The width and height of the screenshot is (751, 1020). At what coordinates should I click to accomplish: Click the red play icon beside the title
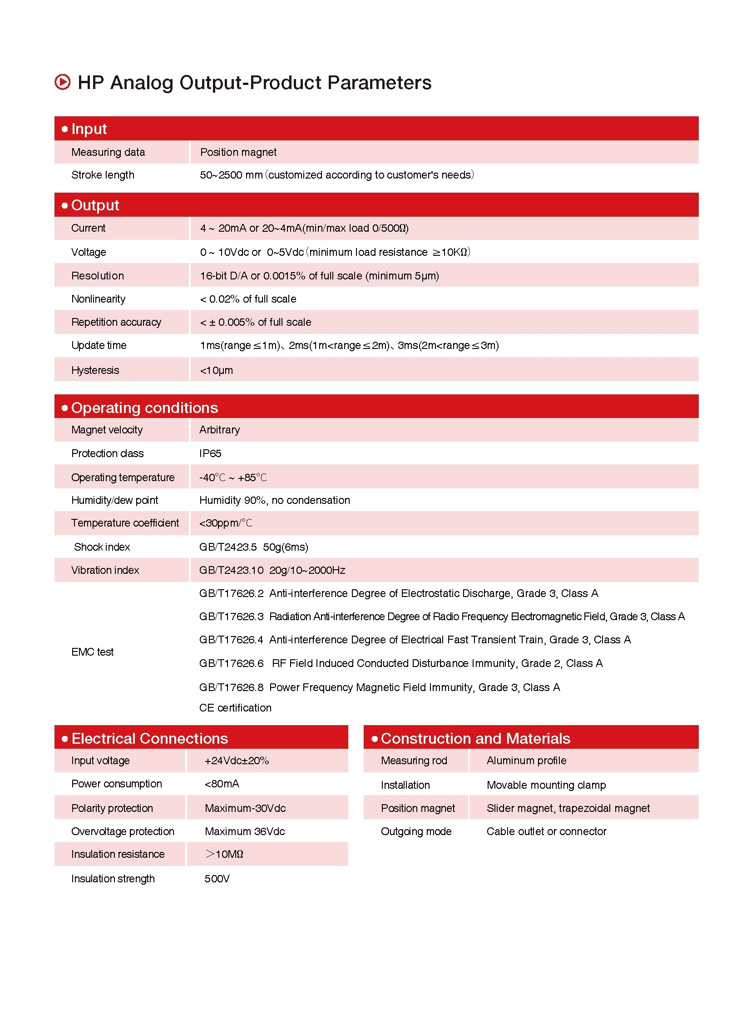tap(62, 82)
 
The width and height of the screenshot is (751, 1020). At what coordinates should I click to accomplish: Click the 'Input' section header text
tap(89, 129)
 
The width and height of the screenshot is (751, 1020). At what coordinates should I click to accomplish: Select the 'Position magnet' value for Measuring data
tap(238, 152)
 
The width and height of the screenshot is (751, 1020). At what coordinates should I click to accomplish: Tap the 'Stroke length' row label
tap(103, 175)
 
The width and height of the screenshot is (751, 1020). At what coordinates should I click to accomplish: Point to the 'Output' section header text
tap(95, 205)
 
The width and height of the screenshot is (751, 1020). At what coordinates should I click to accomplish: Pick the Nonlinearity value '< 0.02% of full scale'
tap(248, 299)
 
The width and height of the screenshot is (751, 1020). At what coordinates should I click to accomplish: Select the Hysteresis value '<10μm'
tap(217, 370)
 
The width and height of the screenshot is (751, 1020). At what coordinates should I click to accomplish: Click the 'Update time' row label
tap(99, 345)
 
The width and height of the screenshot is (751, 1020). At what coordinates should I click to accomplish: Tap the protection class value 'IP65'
tap(210, 453)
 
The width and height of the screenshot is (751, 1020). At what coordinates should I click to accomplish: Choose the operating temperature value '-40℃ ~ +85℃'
tap(233, 478)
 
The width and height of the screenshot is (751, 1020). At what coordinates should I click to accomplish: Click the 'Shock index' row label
tap(102, 547)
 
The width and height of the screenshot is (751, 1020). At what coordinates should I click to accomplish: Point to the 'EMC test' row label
tap(92, 652)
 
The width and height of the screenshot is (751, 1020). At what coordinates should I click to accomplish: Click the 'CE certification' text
tap(235, 708)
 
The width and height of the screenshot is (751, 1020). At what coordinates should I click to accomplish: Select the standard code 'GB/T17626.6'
tap(231, 663)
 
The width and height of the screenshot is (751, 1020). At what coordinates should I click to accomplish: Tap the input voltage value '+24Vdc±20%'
tap(237, 761)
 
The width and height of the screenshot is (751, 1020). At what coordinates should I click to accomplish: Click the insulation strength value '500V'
tap(217, 879)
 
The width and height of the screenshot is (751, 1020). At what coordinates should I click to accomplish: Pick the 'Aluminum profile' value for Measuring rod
tap(526, 761)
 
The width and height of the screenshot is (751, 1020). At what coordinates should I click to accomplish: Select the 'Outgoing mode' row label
tap(416, 831)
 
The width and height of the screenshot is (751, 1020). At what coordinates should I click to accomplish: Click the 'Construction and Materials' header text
tap(475, 738)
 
